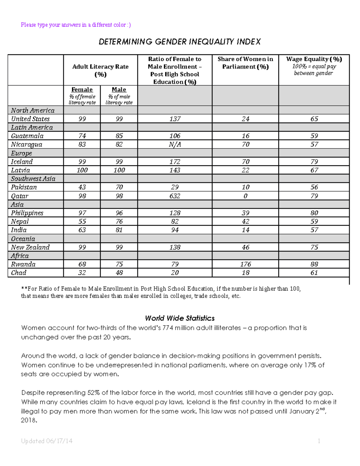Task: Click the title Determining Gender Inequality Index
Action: coord(180,42)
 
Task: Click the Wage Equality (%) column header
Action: coord(314,59)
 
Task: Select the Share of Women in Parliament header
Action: coord(245,63)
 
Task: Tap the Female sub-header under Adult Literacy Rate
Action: coord(82,89)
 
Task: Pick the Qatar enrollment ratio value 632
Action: coord(175,196)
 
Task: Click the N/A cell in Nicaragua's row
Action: coord(175,144)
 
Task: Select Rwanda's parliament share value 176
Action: coord(245,264)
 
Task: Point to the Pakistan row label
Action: coord(24,187)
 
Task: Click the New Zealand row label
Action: coord(30,247)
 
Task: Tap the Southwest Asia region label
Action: coord(33,179)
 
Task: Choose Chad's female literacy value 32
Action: coord(82,273)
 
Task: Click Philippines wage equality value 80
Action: coord(314,213)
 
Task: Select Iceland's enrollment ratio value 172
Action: coord(175,161)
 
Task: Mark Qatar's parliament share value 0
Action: coord(245,196)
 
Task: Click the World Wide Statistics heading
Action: coord(180,318)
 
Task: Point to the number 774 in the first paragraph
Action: coord(168,328)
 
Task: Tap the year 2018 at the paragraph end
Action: coord(28,420)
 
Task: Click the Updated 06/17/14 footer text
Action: coord(47,441)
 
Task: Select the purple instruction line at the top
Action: coord(76,25)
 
